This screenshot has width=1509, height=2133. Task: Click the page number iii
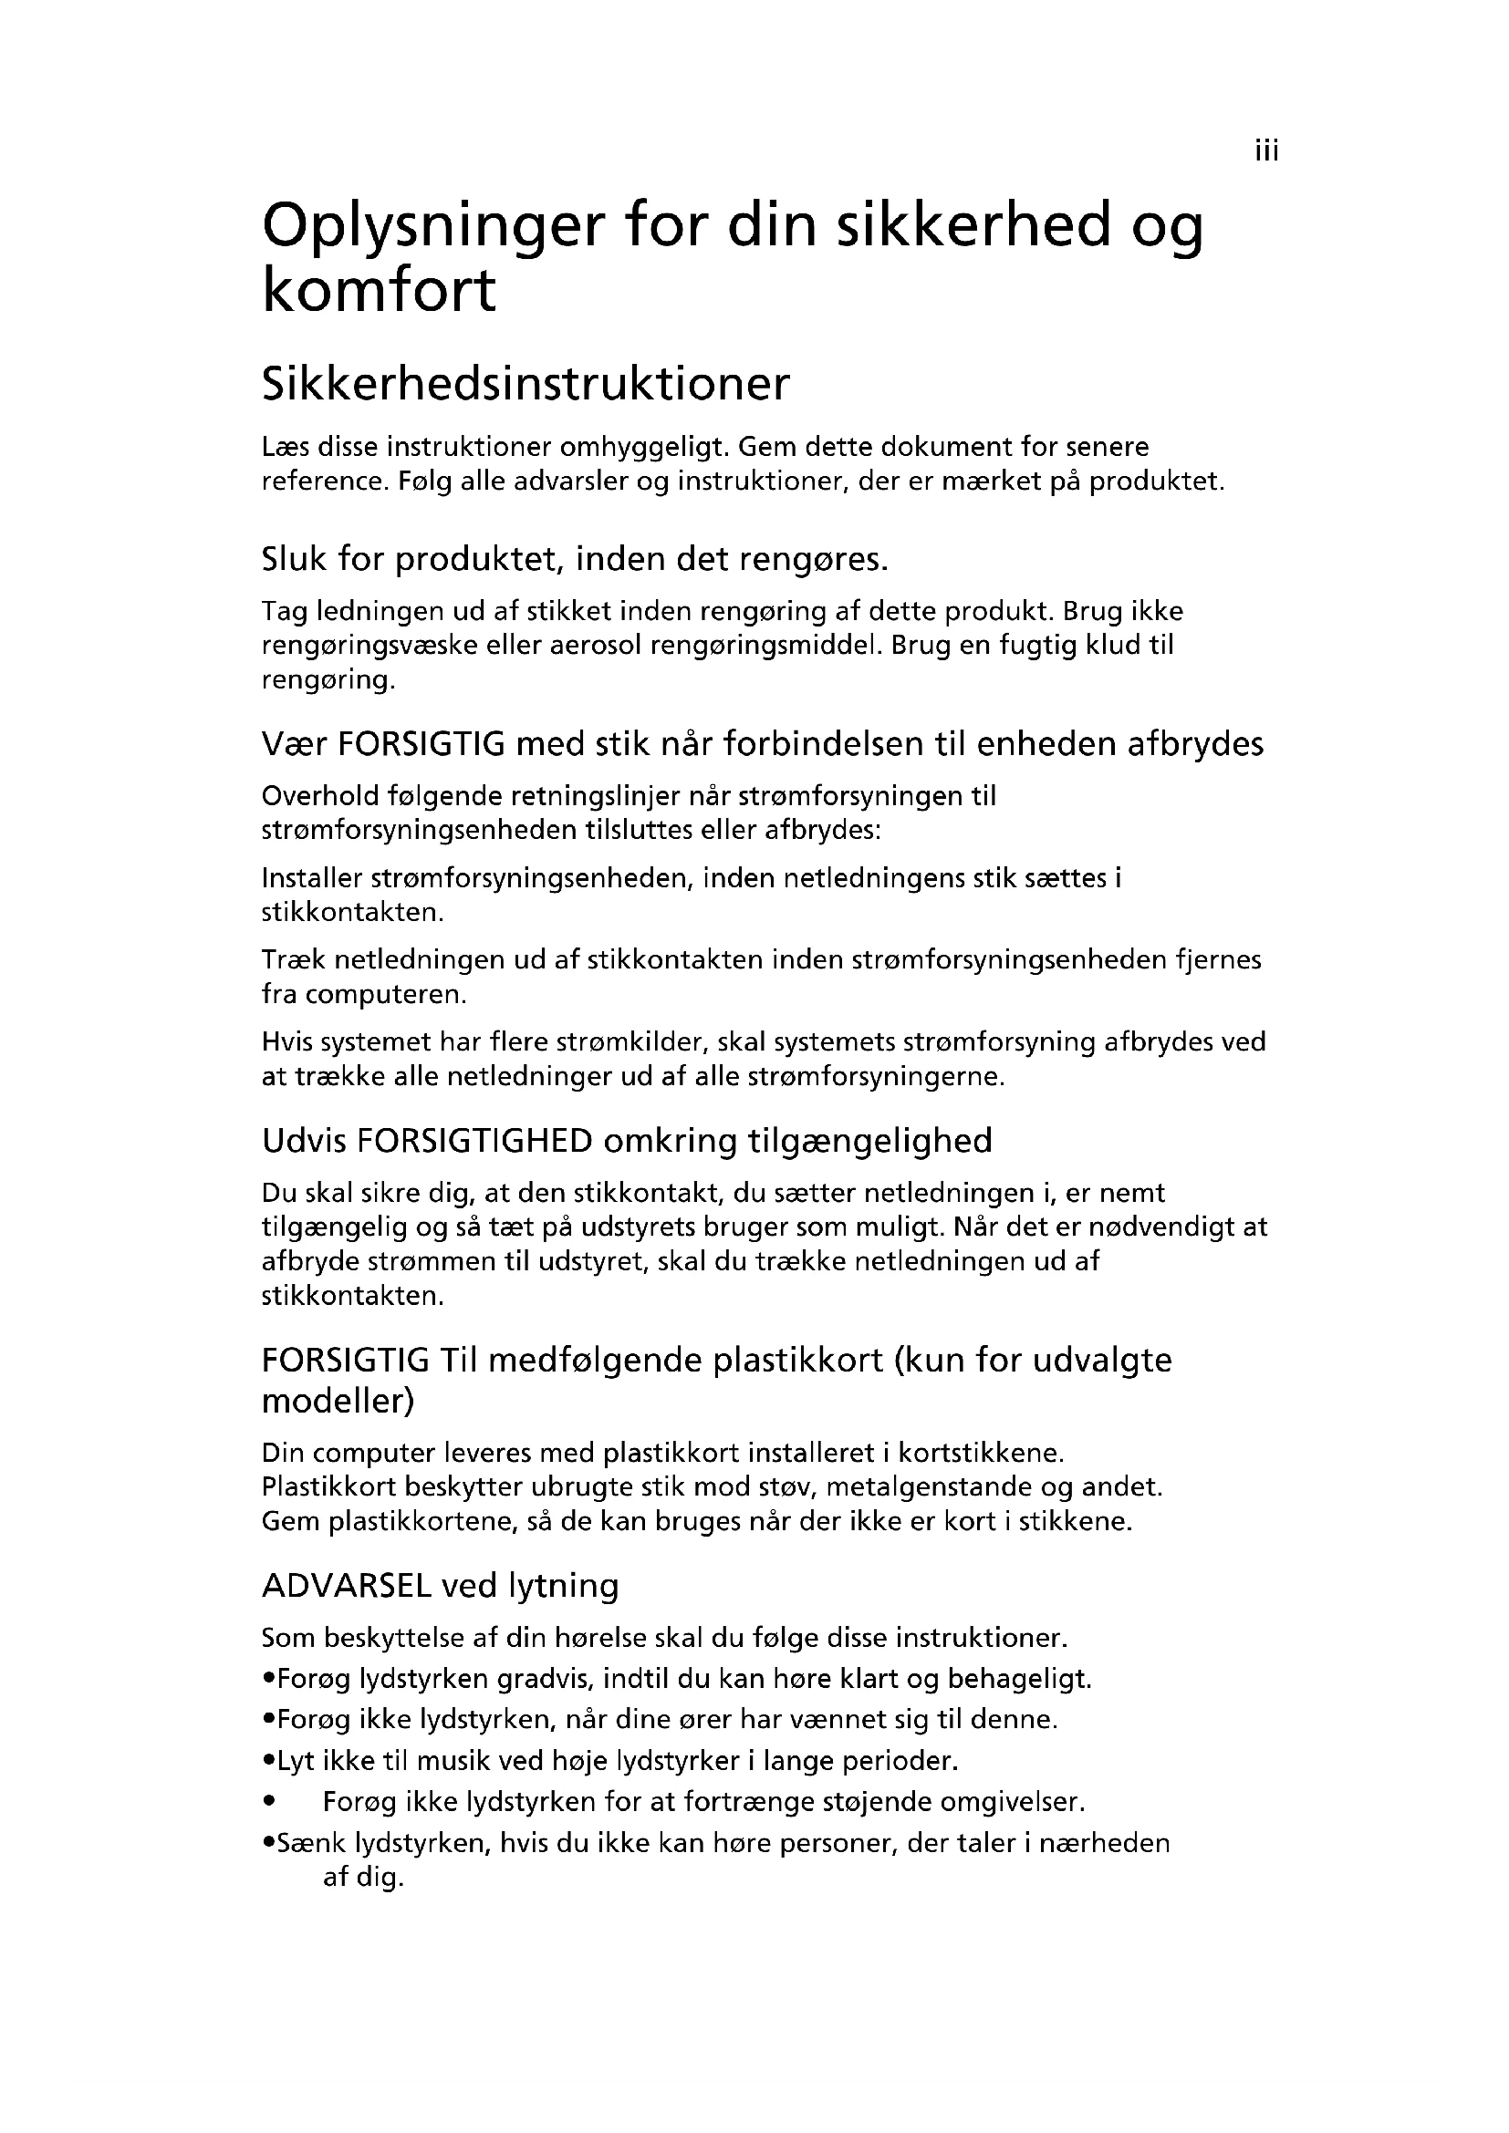[x=1266, y=150]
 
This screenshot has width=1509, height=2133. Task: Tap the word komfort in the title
[x=380, y=291]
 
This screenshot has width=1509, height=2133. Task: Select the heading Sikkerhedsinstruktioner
[x=525, y=384]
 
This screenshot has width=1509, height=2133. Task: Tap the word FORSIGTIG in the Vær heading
[x=421, y=744]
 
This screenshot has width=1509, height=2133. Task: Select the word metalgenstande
[x=929, y=1487]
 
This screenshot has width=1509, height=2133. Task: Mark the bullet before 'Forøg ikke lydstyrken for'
[x=269, y=1802]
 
